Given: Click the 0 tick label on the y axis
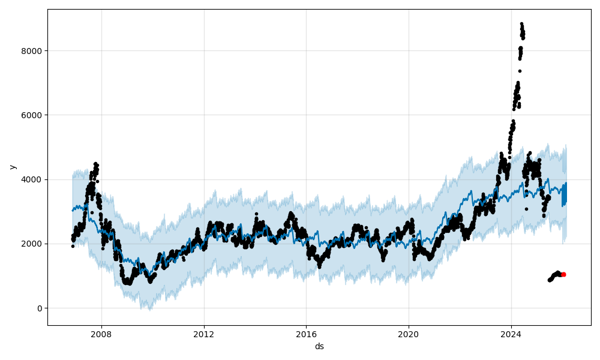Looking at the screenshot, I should pos(40,308).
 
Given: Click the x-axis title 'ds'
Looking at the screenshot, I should pos(319,346).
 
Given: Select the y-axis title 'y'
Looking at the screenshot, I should pos(11,167).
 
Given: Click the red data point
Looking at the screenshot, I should pos(563,274).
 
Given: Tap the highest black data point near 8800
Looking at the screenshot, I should pos(521,24).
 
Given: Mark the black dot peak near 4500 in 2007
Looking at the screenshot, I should pos(95,163).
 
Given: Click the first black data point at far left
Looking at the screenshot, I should pos(73,246).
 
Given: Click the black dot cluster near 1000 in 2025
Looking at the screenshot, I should pos(555,276).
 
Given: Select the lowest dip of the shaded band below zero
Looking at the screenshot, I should pos(150,309).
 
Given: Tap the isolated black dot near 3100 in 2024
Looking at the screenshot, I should pos(526,209).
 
